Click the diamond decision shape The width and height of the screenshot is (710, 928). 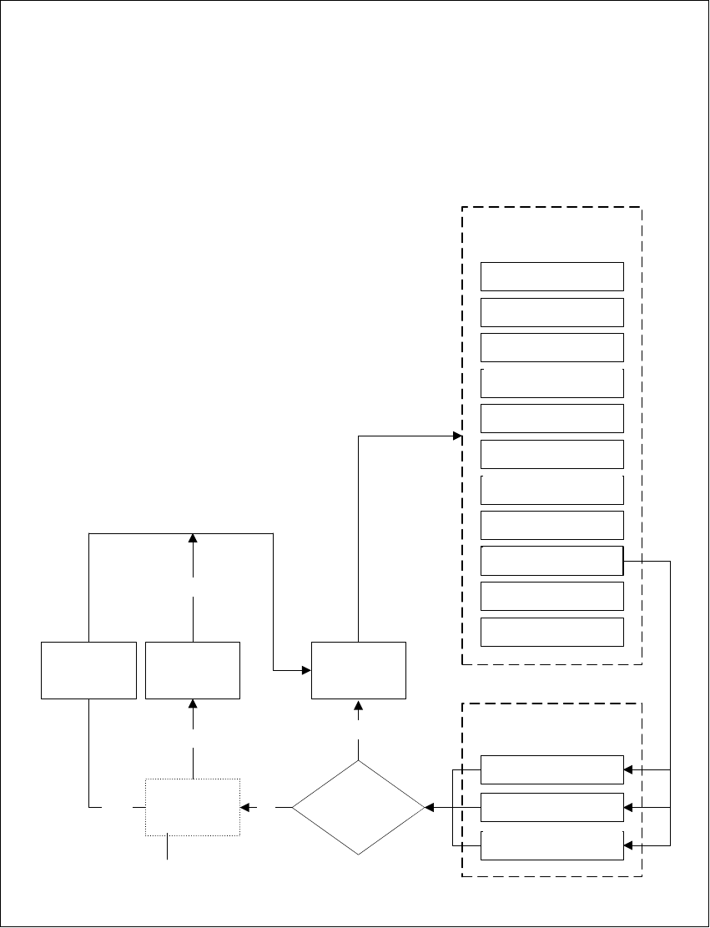359,808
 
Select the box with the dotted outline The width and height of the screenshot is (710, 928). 193,807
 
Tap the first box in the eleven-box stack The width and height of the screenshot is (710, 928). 552,276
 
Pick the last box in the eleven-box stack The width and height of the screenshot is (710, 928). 552,632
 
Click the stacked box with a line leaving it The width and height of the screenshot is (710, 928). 552,561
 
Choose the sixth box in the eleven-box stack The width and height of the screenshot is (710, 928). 552,454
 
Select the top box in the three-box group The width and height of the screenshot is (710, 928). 552,769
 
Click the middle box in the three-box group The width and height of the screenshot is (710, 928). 552,807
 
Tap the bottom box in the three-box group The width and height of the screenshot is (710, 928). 552,845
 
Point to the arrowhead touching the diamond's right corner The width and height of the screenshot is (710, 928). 430,808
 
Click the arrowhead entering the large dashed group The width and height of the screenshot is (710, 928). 457,436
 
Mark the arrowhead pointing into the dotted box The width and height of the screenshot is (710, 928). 245,807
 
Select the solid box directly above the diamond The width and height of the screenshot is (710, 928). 359,670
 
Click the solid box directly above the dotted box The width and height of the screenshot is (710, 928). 193,670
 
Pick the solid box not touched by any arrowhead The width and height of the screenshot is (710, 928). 88,670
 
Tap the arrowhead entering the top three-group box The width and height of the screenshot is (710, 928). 629,769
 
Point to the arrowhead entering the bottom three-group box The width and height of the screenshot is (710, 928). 629,845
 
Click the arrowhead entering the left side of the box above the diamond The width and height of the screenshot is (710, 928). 306,670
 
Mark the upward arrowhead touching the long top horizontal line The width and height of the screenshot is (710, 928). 193,538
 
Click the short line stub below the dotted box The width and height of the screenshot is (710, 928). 168,847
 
